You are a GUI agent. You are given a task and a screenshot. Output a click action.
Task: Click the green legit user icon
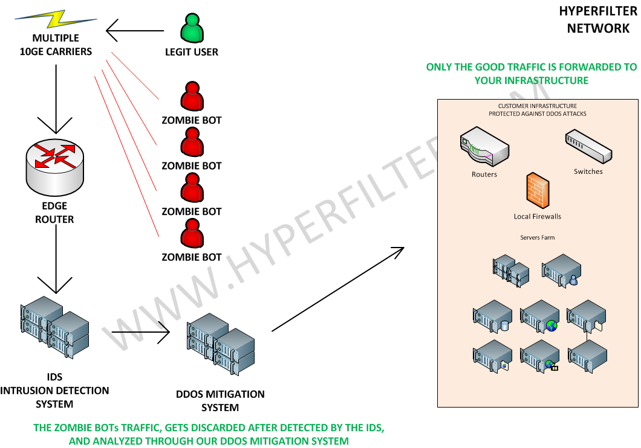tap(192, 28)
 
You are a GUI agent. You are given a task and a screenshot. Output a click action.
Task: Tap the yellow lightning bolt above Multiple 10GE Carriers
tap(56, 19)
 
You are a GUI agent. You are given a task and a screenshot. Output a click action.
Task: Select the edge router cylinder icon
tap(55, 167)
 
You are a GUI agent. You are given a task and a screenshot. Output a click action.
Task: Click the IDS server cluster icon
tap(55, 328)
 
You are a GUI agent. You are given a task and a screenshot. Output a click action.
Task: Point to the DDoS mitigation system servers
tap(221, 344)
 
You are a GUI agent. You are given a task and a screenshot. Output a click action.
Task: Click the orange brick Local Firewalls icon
tap(538, 191)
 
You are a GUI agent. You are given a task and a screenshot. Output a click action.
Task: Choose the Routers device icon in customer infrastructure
tap(484, 147)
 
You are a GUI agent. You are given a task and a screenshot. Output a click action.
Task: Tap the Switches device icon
tap(588, 147)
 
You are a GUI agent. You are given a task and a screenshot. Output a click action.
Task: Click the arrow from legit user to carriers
tap(135, 31)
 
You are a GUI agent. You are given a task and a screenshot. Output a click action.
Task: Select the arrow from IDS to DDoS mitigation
tap(141, 332)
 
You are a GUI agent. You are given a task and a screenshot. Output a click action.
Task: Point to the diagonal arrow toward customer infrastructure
tap(338, 289)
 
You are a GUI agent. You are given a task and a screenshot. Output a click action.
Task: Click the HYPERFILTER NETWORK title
tap(598, 19)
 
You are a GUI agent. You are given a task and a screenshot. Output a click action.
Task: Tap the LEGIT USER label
tap(192, 52)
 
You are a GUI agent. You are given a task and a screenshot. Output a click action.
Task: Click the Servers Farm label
tap(538, 237)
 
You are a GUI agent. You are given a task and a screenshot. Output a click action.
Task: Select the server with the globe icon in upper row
tap(539, 316)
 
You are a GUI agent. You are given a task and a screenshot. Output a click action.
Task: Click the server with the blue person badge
tap(562, 270)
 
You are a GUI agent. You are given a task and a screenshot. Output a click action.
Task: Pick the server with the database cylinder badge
tap(493, 316)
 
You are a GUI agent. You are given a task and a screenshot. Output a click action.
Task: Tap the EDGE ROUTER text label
tap(55, 213)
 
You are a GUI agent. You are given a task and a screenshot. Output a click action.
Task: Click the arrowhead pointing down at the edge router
tap(55, 125)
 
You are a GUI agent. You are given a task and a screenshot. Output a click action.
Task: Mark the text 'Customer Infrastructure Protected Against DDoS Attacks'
tap(538, 110)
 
